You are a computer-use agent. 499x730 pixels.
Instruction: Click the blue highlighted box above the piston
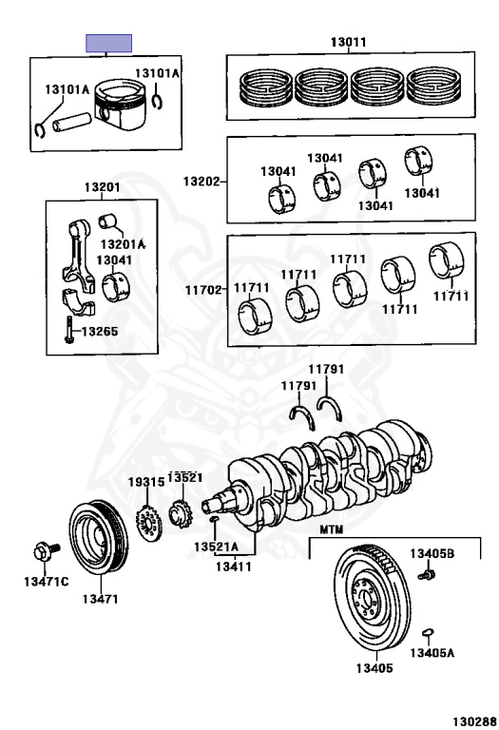click(108, 43)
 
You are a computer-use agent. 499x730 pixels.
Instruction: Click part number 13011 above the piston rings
click(348, 42)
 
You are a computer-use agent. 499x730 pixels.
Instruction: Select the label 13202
click(202, 182)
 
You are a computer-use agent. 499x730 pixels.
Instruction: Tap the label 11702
click(203, 290)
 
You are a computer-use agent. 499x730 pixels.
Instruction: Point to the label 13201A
click(123, 244)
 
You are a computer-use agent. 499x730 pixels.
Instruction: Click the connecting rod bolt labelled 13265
click(68, 330)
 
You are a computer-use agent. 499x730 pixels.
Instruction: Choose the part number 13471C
click(46, 582)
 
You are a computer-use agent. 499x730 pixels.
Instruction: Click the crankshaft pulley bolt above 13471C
click(46, 551)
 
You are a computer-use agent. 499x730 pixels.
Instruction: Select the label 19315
click(146, 482)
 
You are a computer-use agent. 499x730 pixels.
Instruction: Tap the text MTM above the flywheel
click(331, 529)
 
